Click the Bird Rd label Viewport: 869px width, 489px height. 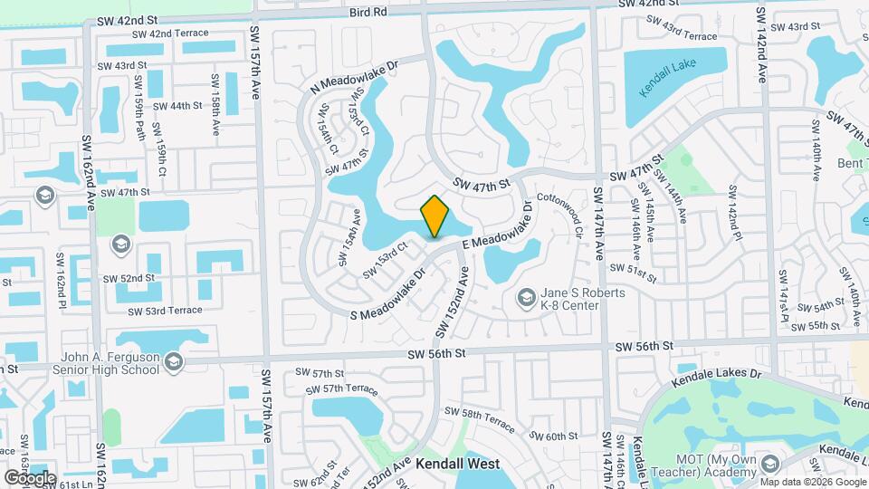tap(367, 12)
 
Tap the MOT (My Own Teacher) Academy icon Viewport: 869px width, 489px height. tap(770, 465)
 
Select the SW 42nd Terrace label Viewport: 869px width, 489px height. tap(170, 34)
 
